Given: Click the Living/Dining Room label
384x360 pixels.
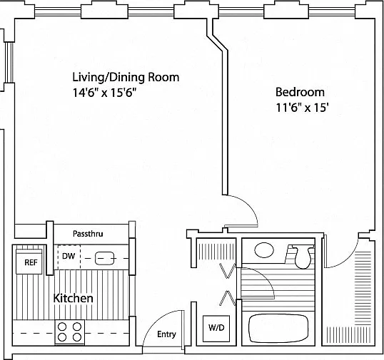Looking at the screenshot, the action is tap(126, 77).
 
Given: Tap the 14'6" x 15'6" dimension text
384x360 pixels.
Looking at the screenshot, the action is tap(104, 93).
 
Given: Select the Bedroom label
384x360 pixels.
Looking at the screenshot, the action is tap(300, 92).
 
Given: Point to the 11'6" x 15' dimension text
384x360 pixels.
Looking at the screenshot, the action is tap(302, 108).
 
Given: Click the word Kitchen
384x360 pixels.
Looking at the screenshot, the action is tap(74, 298).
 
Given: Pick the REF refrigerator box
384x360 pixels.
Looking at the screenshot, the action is tap(29, 261).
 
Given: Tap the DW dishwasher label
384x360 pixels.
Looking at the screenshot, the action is tap(69, 256).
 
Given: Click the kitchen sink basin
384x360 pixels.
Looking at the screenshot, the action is tap(105, 259).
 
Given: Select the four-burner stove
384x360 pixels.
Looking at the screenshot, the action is tap(69, 332).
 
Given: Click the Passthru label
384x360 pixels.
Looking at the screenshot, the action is tap(88, 234).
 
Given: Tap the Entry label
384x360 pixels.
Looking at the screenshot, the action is tap(166, 334).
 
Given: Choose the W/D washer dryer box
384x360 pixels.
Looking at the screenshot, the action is tap(216, 329).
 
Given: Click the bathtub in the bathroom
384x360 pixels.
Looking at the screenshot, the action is tap(278, 328).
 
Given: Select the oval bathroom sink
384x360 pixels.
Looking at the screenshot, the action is tap(264, 250).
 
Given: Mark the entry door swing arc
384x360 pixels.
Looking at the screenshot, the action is tap(153, 321).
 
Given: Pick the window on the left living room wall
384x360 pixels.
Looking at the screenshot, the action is tap(9, 63).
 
